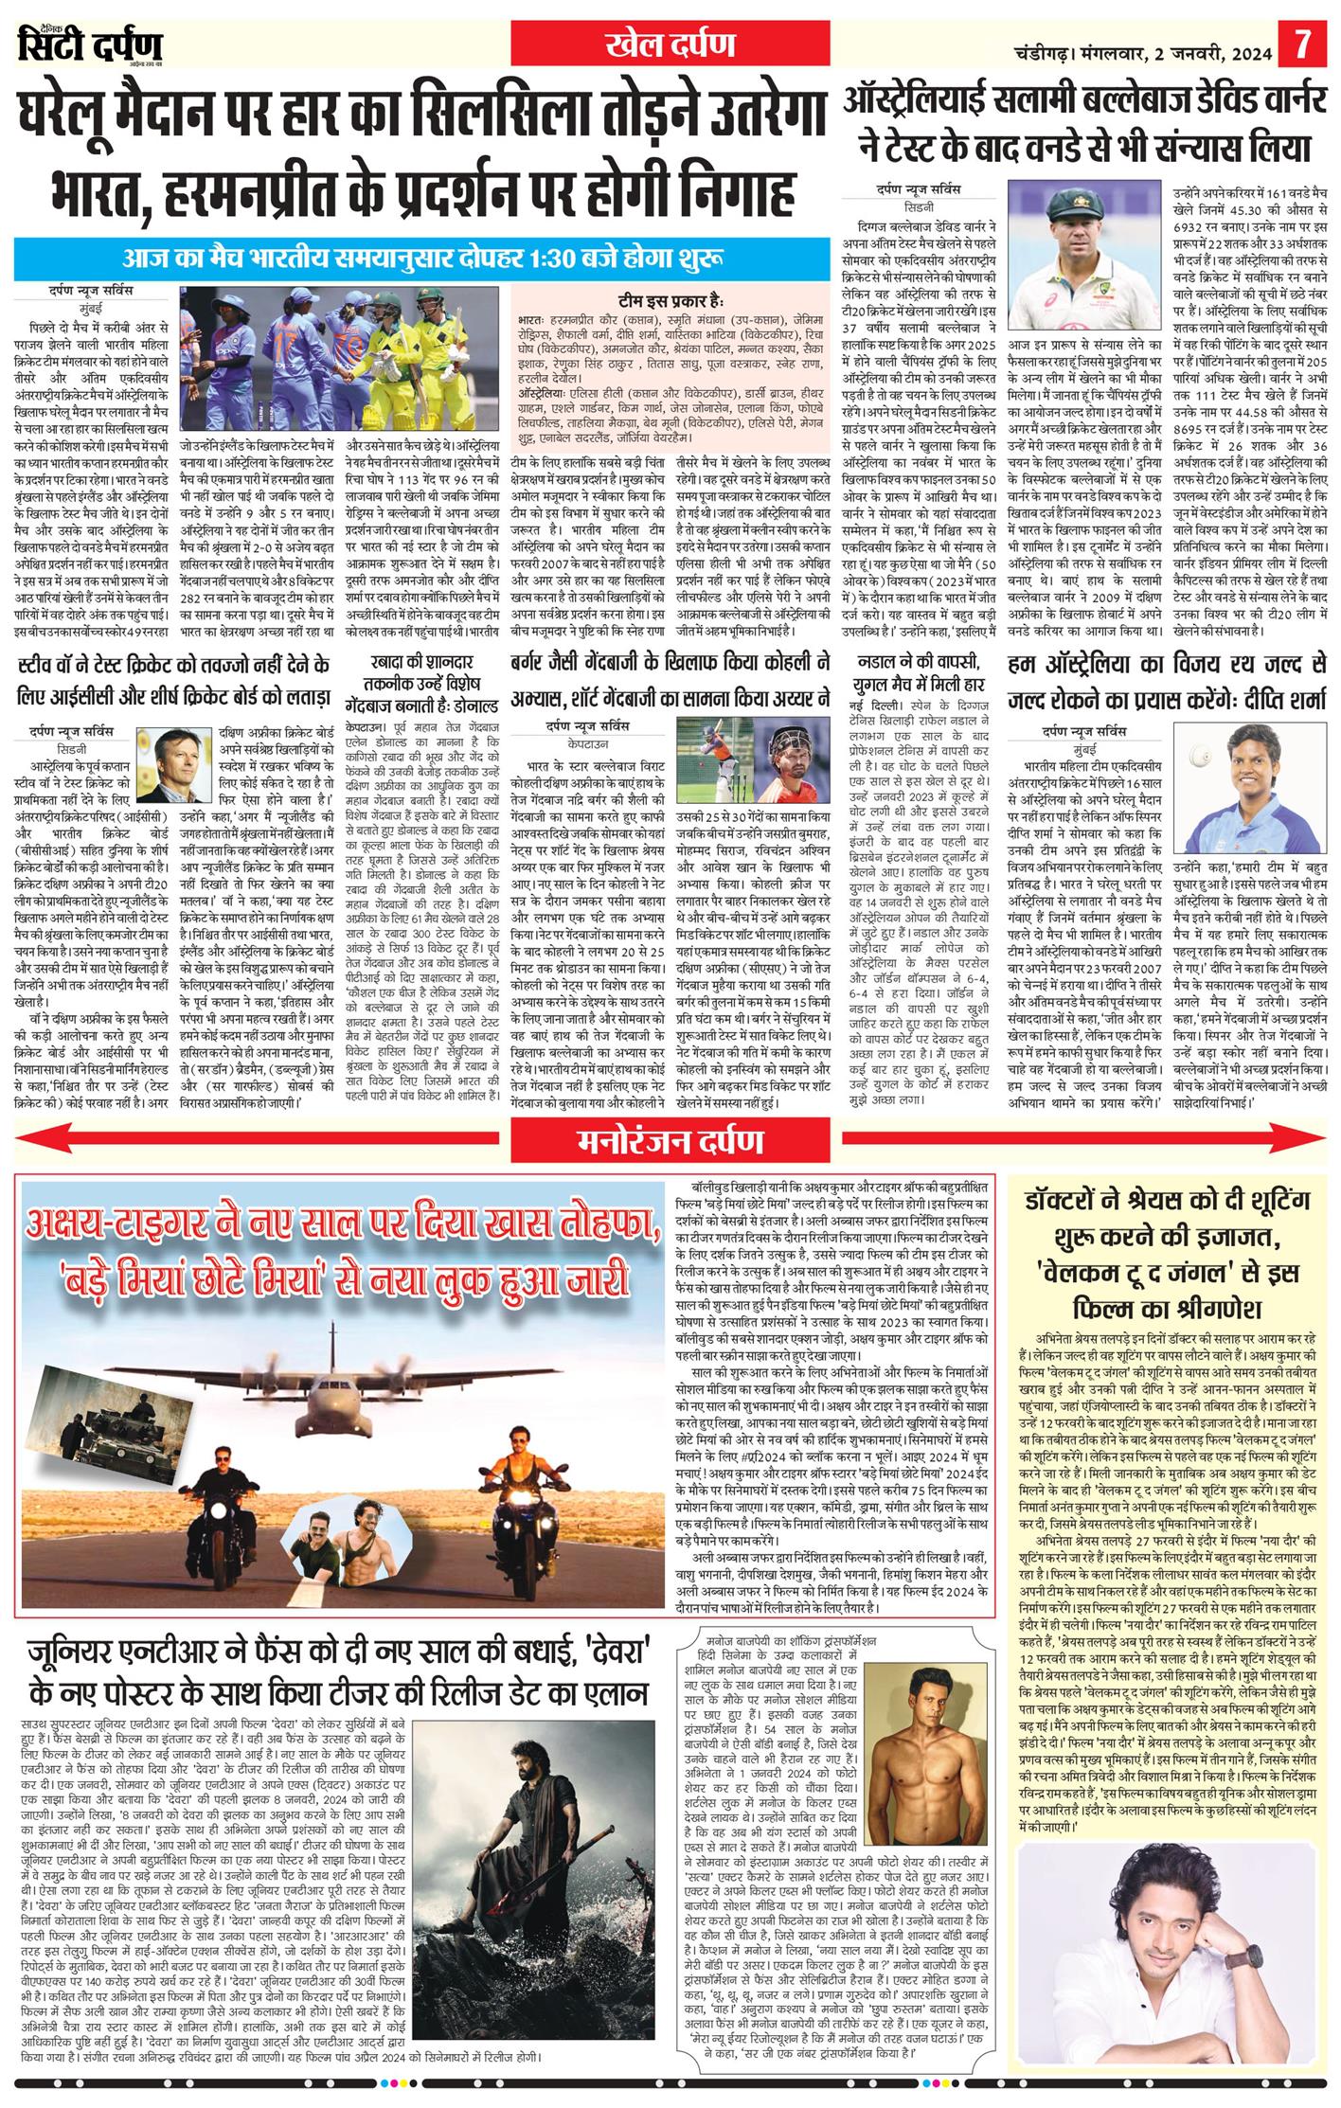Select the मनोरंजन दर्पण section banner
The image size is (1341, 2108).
[x=670, y=1141]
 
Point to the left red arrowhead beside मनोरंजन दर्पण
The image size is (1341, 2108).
[x=33, y=1141]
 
